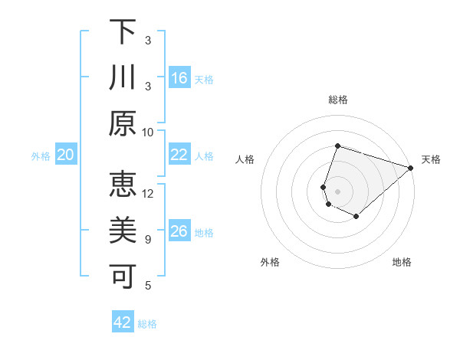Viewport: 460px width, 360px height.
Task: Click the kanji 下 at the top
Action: pyautogui.click(x=123, y=31)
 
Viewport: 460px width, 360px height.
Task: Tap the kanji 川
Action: pyautogui.click(x=123, y=77)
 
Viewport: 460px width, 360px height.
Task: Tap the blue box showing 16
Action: pyautogui.click(x=179, y=77)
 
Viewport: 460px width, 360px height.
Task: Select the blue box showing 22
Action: pyautogui.click(x=179, y=155)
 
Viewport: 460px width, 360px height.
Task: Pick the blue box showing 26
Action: pyautogui.click(x=179, y=231)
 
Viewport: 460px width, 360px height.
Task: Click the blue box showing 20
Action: pyautogui.click(x=66, y=155)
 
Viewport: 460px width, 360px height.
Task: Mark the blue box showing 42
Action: pyautogui.click(x=123, y=322)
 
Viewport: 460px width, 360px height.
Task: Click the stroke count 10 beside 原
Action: pyautogui.click(x=148, y=132)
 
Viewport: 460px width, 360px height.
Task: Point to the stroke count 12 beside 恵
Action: pyautogui.click(x=148, y=193)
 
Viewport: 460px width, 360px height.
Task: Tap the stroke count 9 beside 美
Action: pyautogui.click(x=148, y=239)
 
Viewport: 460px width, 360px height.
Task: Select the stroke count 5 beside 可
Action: pyautogui.click(x=148, y=285)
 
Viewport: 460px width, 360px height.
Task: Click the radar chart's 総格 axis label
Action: pyautogui.click(x=337, y=100)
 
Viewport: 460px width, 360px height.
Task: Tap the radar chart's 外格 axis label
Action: pyautogui.click(x=270, y=262)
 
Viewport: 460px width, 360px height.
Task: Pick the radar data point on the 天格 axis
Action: pyautogui.click(x=411, y=168)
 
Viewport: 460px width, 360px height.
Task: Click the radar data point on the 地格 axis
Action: pyautogui.click(x=356, y=217)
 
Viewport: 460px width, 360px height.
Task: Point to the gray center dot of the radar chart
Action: pyautogui.click(x=337, y=191)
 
